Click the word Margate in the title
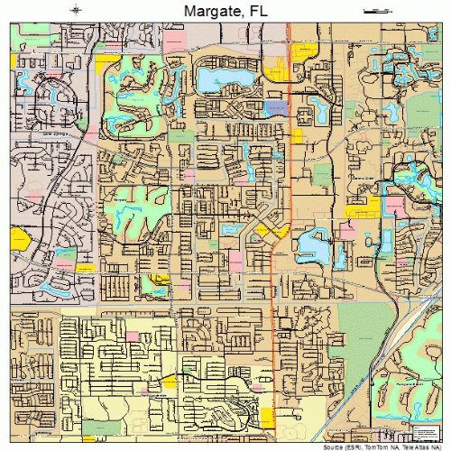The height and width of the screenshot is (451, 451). click(208, 10)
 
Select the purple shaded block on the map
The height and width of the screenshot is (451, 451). click(277, 106)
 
